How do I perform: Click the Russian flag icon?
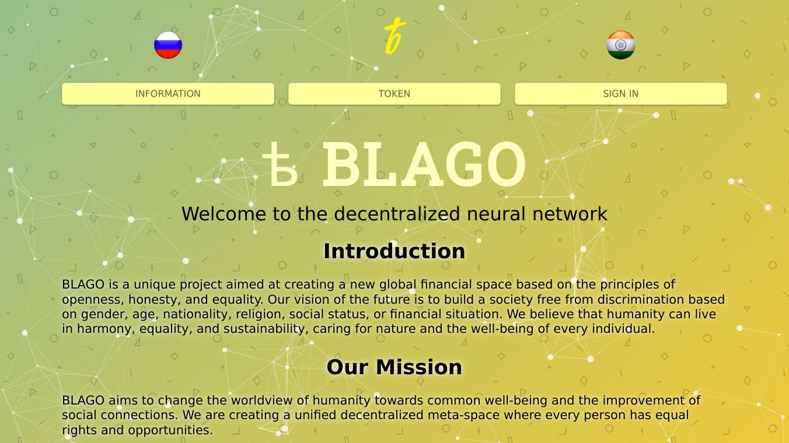click(x=168, y=45)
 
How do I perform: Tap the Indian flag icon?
click(x=620, y=45)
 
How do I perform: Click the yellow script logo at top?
click(x=394, y=36)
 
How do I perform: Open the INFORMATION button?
click(x=168, y=94)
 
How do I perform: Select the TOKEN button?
click(x=394, y=94)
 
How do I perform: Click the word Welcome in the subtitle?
click(x=224, y=214)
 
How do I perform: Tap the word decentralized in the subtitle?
click(x=397, y=214)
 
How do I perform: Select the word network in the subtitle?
click(x=570, y=214)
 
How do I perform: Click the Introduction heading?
click(x=394, y=251)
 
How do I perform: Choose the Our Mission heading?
click(x=394, y=367)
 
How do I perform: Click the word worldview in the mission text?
click(x=261, y=400)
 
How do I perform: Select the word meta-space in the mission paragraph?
click(x=463, y=415)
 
